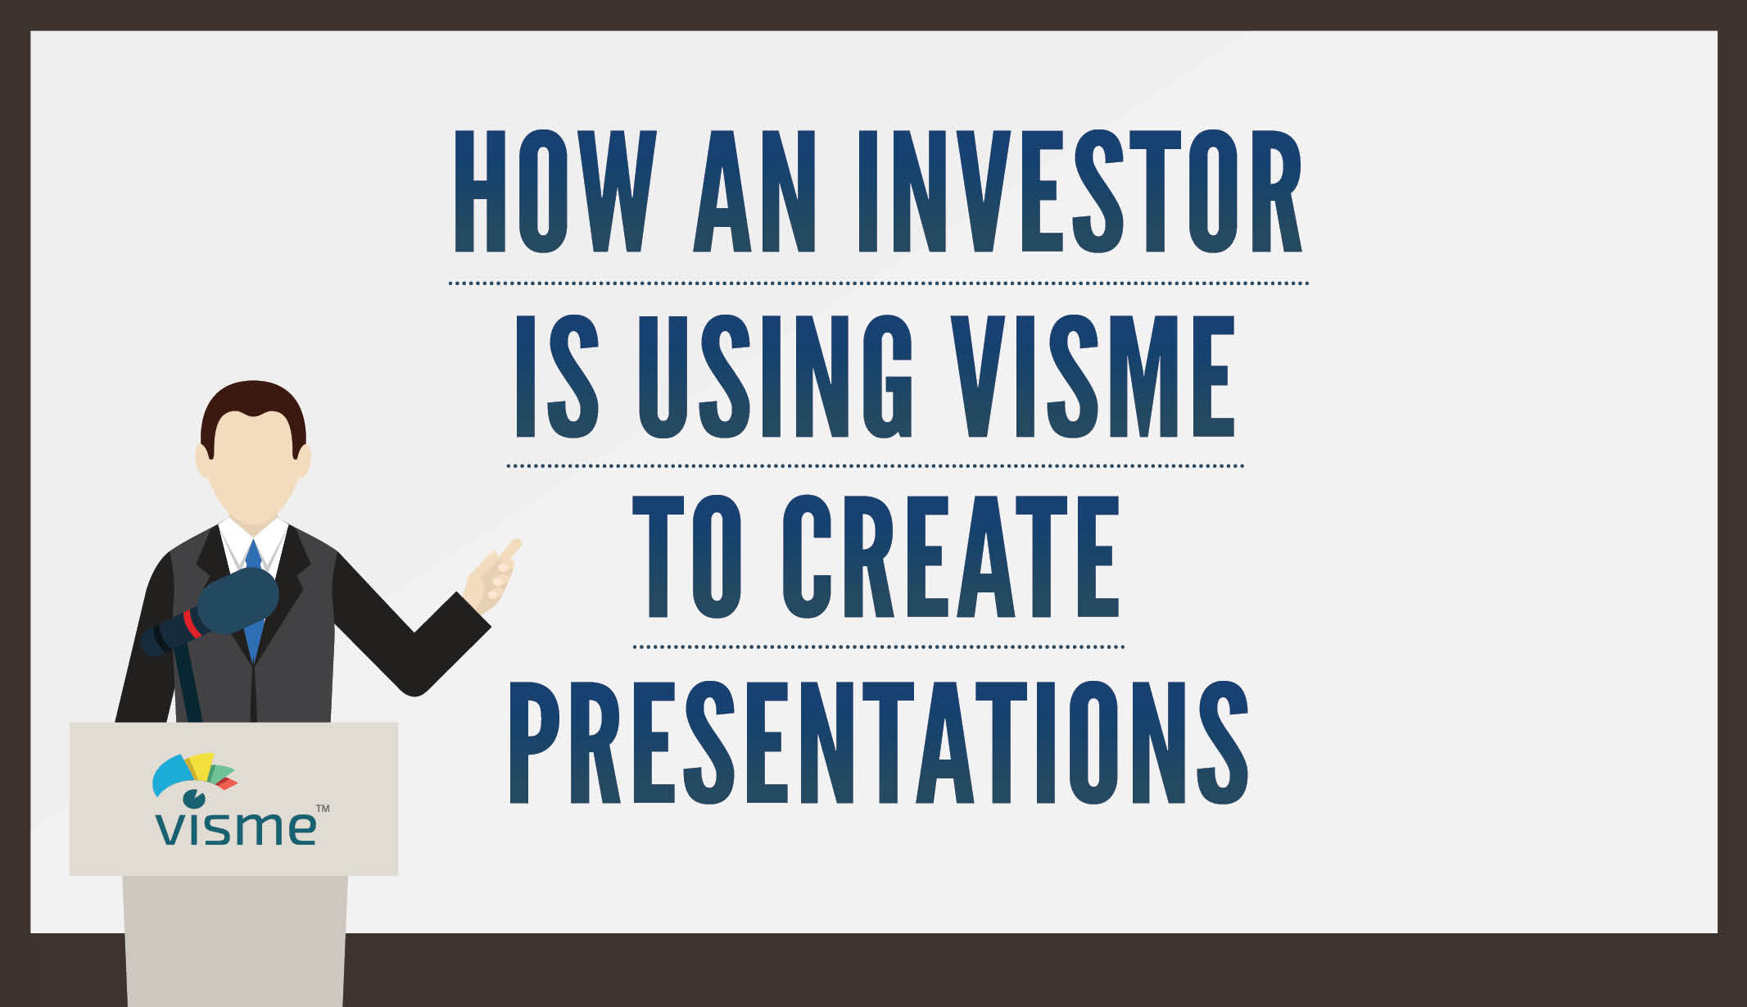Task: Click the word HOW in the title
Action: pos(555,190)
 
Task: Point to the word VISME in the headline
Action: pos(1094,375)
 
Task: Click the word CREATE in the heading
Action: pos(951,556)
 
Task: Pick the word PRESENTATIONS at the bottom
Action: pos(879,742)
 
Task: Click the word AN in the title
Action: pos(755,190)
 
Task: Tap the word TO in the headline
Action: pos(687,556)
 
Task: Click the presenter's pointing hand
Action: pos(492,577)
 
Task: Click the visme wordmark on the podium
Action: pos(236,828)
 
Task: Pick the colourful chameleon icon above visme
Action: pos(195,779)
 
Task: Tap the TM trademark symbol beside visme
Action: pos(323,809)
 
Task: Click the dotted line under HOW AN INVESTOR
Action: pos(879,283)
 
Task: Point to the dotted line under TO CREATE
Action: pos(879,646)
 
